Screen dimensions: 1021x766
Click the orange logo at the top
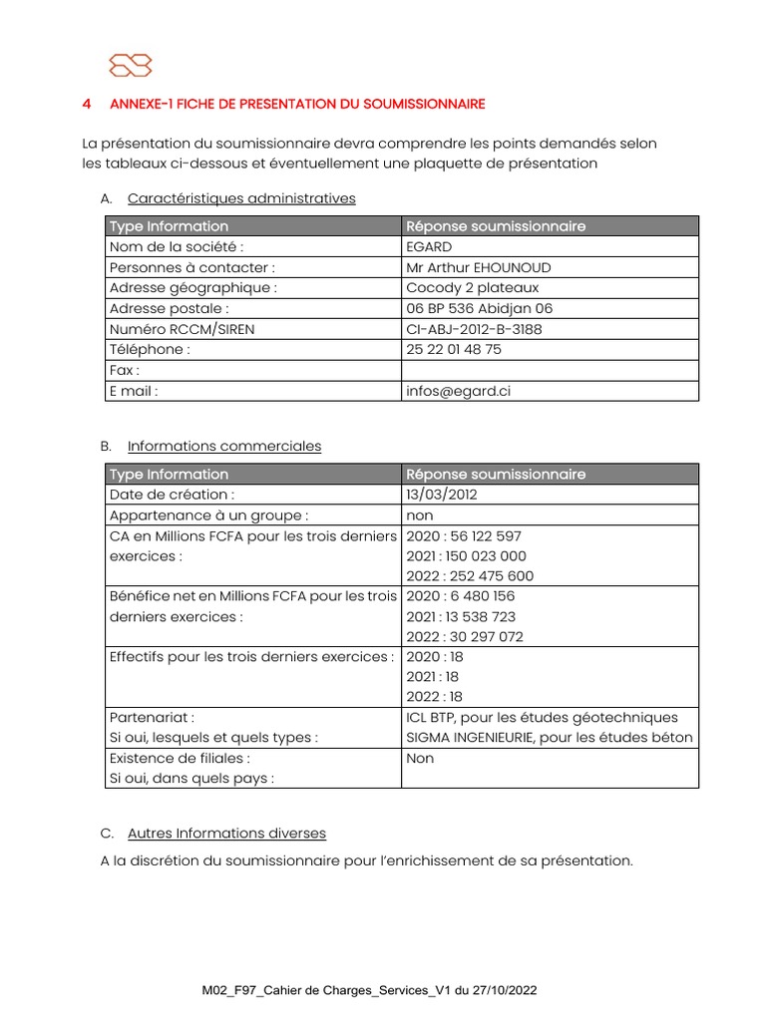click(x=131, y=65)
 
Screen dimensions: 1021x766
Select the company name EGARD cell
click(x=430, y=247)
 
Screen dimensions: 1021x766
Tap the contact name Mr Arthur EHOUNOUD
click(x=479, y=267)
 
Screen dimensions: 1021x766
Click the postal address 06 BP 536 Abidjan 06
click(x=479, y=309)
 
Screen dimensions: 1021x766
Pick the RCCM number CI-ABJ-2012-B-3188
click(x=474, y=329)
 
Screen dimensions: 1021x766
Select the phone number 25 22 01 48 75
click(x=454, y=350)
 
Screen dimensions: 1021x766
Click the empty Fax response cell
click(x=549, y=371)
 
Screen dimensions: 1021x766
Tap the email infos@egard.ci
click(x=458, y=392)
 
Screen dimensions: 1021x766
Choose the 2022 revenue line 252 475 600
click(x=470, y=576)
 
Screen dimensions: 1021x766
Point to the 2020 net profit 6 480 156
click(x=461, y=596)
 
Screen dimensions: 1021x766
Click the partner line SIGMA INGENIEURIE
click(x=549, y=738)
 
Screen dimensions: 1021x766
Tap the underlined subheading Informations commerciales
click(x=224, y=447)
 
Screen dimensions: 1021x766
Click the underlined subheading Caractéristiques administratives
click(x=241, y=198)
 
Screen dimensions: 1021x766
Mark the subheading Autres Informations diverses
click(x=226, y=834)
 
